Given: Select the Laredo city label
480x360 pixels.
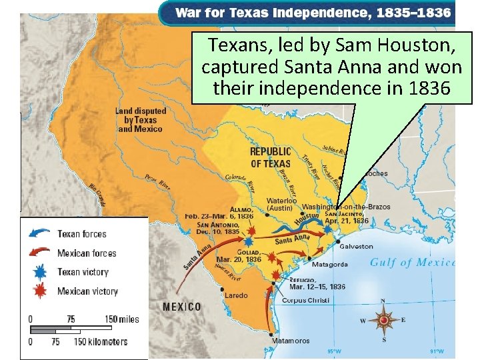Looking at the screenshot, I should (236, 295).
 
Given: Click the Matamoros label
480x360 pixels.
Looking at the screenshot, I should (291, 341).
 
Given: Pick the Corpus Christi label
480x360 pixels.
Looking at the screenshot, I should (305, 301).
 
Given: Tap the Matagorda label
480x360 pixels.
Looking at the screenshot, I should (329, 264).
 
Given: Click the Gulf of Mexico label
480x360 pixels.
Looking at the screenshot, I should (412, 262).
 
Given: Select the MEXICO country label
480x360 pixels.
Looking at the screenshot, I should (182, 307).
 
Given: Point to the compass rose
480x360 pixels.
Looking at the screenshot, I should (384, 321).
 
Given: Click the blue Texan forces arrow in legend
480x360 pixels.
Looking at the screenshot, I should (39, 234).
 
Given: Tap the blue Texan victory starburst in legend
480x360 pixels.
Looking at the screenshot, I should (39, 272).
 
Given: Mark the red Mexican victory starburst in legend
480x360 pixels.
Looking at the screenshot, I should (39, 291).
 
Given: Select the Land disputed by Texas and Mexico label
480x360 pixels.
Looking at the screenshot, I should (140, 119).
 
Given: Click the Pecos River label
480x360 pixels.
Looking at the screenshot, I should (159, 181).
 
